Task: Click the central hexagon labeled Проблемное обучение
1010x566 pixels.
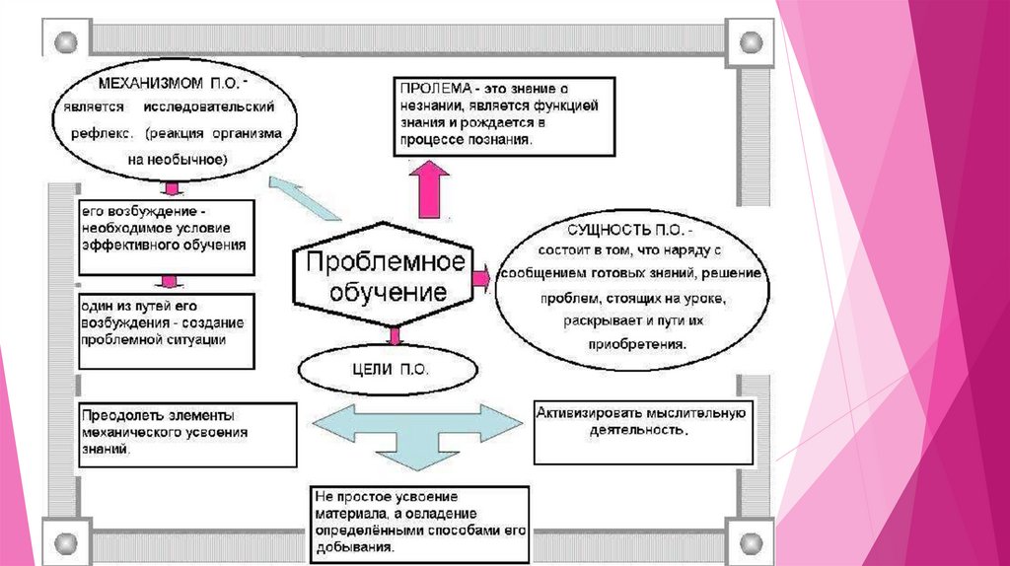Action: (x=380, y=279)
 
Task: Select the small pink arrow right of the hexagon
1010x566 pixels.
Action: (x=480, y=278)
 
